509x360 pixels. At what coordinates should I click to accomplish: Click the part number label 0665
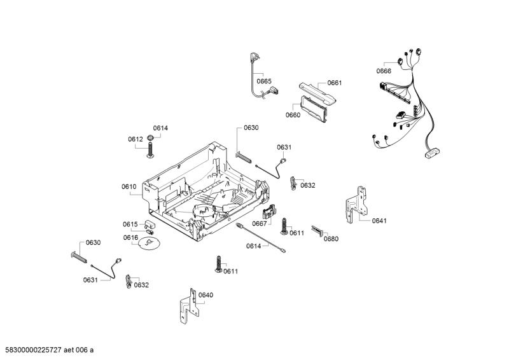pos(264,81)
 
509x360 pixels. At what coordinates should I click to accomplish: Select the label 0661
pos(334,83)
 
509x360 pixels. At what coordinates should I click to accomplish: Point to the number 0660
pos(293,115)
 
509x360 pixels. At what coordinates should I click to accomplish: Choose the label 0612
pos(135,139)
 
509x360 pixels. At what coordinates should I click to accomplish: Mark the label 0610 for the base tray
pos(129,186)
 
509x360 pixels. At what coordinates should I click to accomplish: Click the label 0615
pos(130,225)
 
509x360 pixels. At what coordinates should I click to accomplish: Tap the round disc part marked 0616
pos(148,246)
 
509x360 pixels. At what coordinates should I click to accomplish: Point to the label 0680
pos(331,239)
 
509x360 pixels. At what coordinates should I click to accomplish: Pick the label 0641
pos(379,221)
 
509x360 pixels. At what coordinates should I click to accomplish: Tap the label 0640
pos(206,295)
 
